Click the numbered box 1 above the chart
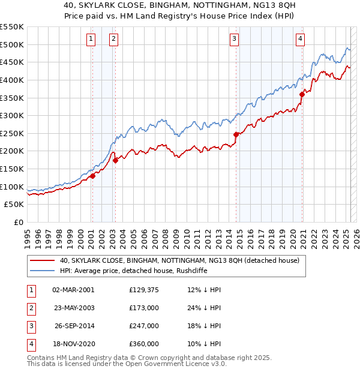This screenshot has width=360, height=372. pyautogui.click(x=91, y=40)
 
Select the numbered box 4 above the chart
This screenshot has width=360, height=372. pyautogui.click(x=300, y=40)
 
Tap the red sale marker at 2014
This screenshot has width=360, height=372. pyautogui.click(x=236, y=134)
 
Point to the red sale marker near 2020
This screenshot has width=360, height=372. pyautogui.click(x=302, y=94)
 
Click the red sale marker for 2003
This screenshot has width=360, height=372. pyautogui.click(x=115, y=160)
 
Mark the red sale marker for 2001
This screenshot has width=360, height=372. pyautogui.click(x=92, y=176)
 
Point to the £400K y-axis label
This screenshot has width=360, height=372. pyautogui.click(x=13, y=80)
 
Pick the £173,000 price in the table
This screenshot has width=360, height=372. pyautogui.click(x=144, y=308)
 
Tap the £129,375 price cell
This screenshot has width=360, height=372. pyautogui.click(x=144, y=290)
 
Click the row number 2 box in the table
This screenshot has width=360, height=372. pyautogui.click(x=30, y=308)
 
